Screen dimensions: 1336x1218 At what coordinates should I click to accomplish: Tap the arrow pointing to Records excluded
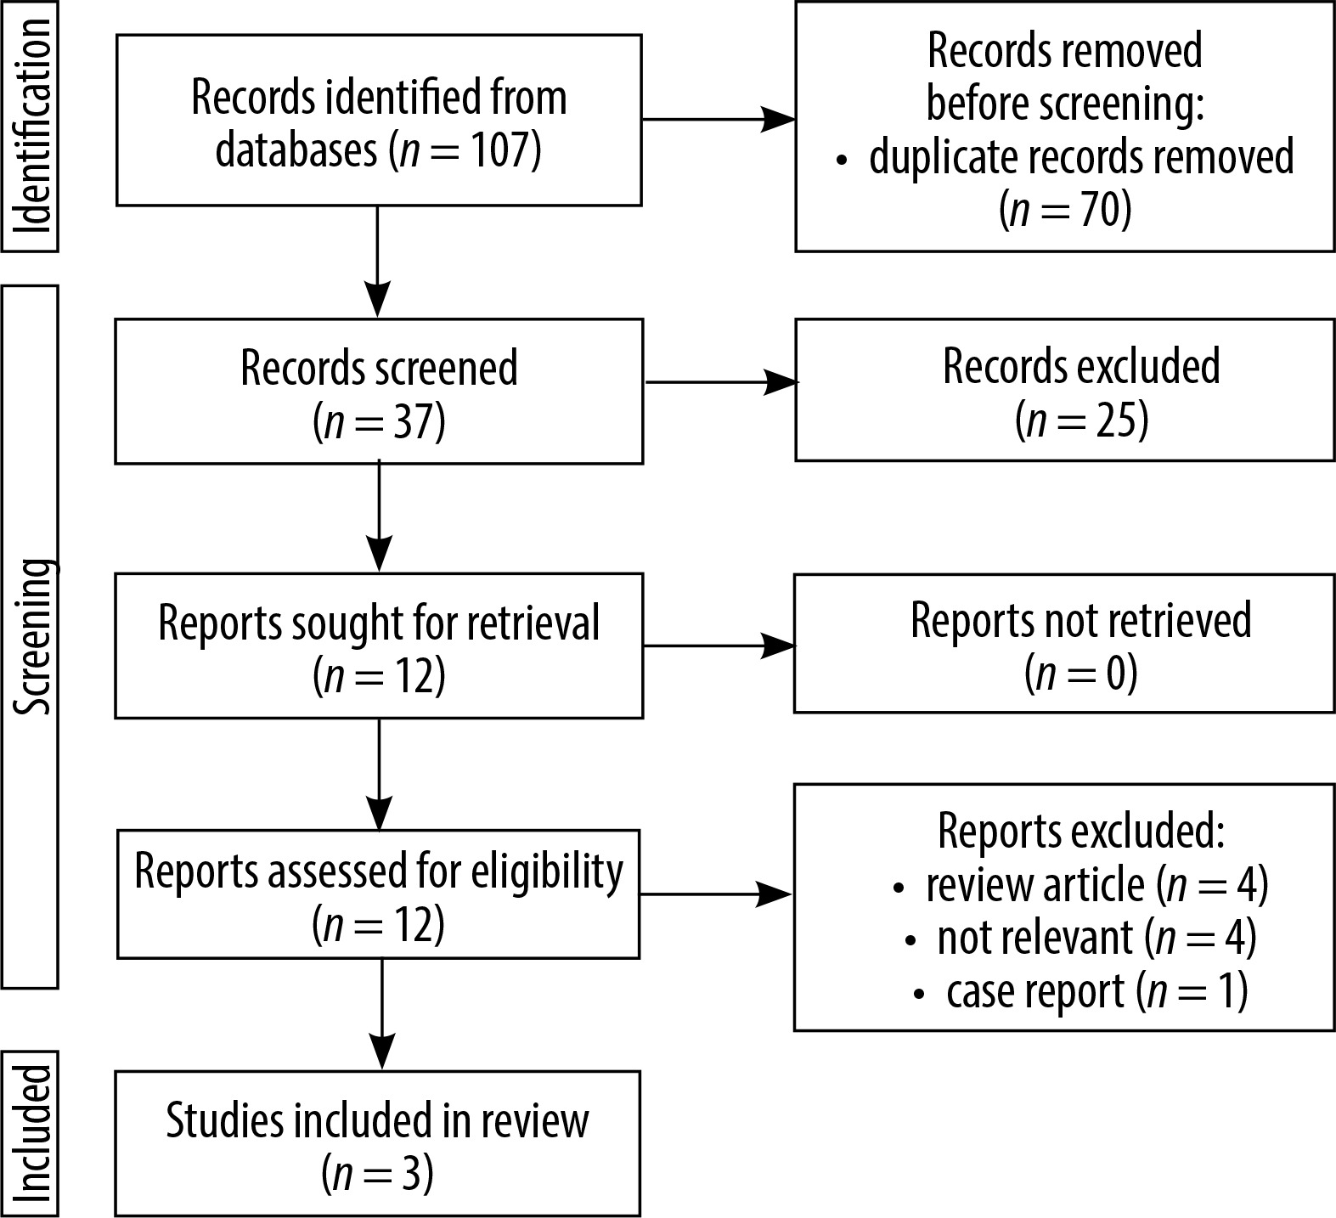click(x=722, y=382)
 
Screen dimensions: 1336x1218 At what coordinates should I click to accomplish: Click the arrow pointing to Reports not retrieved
click(x=719, y=646)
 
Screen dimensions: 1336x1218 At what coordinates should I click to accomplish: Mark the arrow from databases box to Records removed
click(x=719, y=120)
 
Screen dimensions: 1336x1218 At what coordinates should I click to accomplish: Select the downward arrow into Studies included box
click(x=383, y=1014)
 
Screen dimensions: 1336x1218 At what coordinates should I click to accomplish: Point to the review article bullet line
click(x=1081, y=885)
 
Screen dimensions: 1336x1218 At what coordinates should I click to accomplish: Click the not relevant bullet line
click(x=1081, y=938)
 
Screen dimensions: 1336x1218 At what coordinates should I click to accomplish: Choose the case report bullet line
click(x=1081, y=991)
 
